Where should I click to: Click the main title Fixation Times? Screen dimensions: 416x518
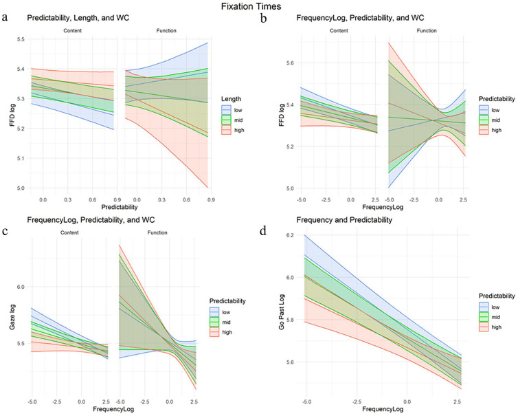pos(259,6)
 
